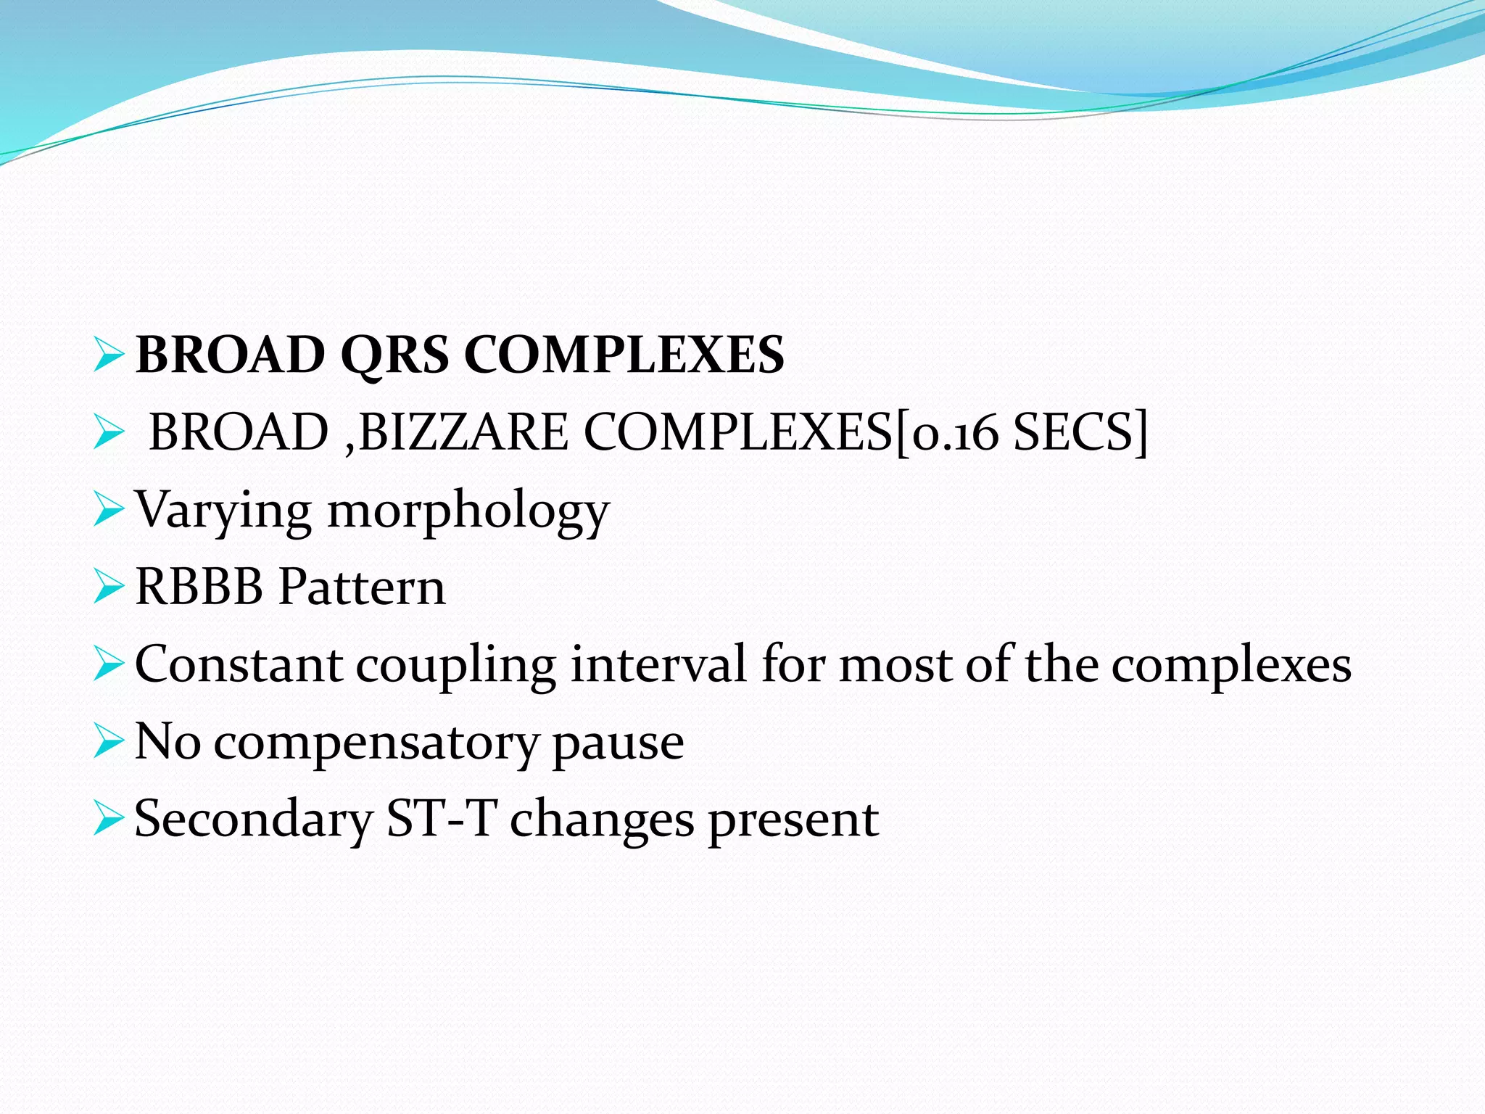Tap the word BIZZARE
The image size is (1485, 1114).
coord(464,432)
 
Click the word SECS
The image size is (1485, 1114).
coord(1073,432)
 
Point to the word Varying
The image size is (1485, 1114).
coord(223,511)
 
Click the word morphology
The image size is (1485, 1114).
coord(468,511)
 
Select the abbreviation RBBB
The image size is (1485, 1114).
coord(199,587)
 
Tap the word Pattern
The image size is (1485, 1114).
coord(362,587)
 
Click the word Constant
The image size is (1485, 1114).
coord(238,664)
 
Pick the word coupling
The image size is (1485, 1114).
coord(455,666)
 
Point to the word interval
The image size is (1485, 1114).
coord(658,664)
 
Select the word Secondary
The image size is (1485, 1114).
coord(253,820)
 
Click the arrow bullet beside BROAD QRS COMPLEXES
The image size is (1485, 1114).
coord(109,355)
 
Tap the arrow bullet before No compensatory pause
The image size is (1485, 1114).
coord(109,743)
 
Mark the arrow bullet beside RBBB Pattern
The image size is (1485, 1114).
coord(109,587)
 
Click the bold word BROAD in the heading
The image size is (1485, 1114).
coord(231,355)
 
